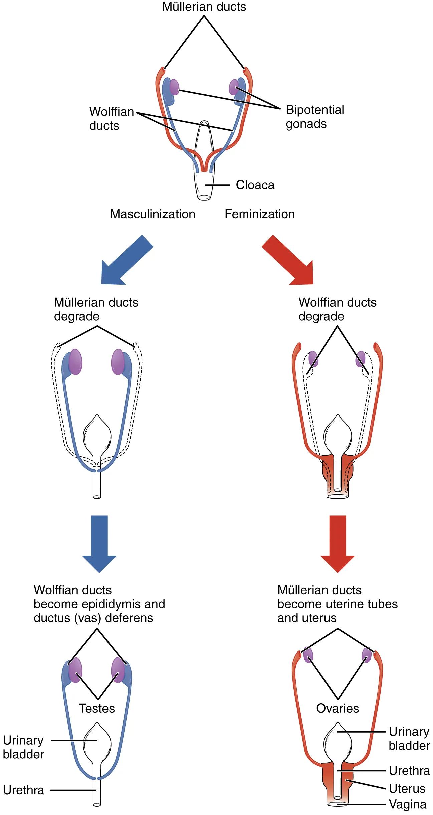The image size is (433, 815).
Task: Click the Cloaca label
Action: pos(255,185)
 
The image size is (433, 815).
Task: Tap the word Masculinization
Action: pos(153,214)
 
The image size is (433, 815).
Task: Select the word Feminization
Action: pos(259,214)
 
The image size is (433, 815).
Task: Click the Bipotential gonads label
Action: pos(314,117)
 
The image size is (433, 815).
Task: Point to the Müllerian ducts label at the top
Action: pos(204,7)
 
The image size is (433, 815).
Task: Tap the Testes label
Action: pos(97,708)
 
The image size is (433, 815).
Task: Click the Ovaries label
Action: pos(338,708)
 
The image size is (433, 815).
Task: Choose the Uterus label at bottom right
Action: pos(407,788)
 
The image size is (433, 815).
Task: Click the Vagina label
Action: pos(408,804)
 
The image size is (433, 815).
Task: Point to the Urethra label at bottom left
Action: pos(24,790)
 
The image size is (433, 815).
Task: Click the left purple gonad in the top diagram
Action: pos(174,87)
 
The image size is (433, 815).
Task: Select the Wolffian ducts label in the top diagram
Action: pos(111,118)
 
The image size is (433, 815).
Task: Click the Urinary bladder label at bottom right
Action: pos(409,739)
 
